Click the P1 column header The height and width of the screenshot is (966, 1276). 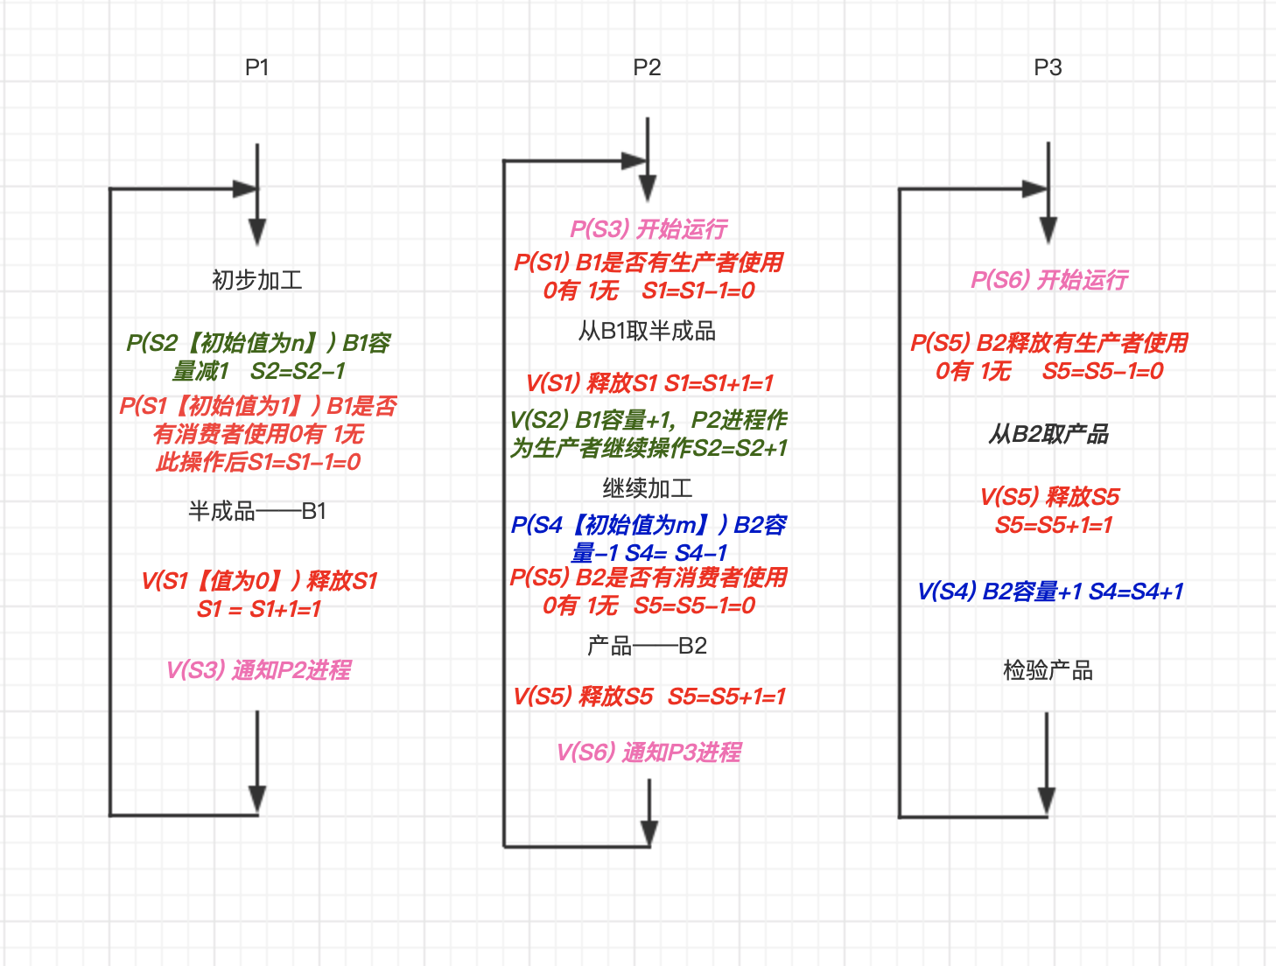256,67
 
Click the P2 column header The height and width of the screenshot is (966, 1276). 647,67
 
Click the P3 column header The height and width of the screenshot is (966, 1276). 1048,67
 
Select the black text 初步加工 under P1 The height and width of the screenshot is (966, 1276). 256,280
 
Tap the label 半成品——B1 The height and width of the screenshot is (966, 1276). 256,511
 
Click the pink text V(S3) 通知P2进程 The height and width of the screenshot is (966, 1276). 258,670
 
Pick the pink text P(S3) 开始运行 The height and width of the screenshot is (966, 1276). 649,229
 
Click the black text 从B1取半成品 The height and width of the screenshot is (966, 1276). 647,331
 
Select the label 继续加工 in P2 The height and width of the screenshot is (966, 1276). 647,488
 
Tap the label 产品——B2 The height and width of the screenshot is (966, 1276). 647,646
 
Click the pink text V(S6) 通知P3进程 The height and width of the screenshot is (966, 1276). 649,752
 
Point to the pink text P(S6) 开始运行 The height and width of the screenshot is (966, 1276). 1048,280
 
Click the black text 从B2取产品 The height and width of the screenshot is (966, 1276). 1048,434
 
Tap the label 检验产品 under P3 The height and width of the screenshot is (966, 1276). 1048,670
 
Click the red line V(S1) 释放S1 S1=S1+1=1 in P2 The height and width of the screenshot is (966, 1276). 649,383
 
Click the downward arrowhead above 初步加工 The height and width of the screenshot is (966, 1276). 256,232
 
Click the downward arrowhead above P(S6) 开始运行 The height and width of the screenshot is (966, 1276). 1048,231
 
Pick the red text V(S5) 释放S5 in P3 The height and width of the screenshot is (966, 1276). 1049,497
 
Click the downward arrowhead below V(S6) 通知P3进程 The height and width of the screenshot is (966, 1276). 649,833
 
